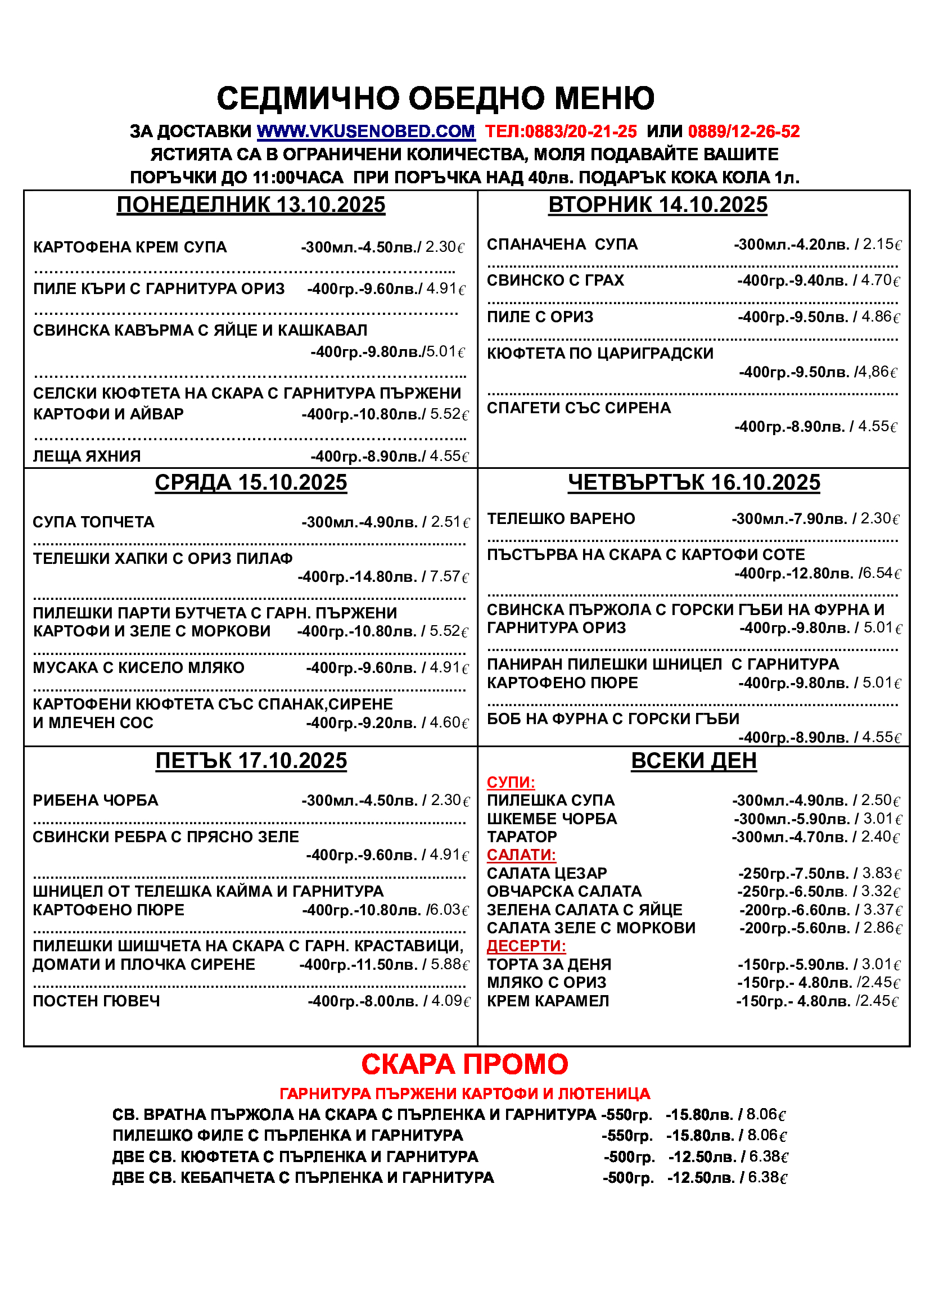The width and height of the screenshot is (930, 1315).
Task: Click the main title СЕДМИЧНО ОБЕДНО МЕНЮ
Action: pyautogui.click(x=435, y=98)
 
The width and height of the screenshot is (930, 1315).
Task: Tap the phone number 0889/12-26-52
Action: pyautogui.click(x=743, y=132)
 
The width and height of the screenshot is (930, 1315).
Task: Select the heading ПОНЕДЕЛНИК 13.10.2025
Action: pyautogui.click(x=251, y=205)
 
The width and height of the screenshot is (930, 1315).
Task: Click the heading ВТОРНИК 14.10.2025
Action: pyautogui.click(x=657, y=205)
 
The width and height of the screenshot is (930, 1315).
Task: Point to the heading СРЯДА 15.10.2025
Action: pyautogui.click(x=251, y=483)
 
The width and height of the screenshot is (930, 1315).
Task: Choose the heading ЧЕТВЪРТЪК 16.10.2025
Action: pyautogui.click(x=693, y=483)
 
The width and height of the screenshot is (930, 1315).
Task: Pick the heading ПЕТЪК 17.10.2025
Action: pyautogui.click(x=251, y=761)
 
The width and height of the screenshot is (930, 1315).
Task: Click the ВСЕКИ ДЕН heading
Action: pyautogui.click(x=693, y=761)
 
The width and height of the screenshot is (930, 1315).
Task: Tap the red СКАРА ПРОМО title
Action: pyautogui.click(x=464, y=1064)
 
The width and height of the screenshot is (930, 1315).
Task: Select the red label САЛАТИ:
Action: pyautogui.click(x=521, y=855)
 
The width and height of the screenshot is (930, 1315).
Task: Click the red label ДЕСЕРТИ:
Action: pyautogui.click(x=526, y=946)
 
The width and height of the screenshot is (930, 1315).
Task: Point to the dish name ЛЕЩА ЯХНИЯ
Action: pyautogui.click(x=87, y=456)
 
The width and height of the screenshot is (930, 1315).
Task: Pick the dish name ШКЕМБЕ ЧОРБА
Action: pyautogui.click(x=552, y=819)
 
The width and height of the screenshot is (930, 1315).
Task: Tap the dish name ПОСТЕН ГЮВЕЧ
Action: pyautogui.click(x=96, y=1001)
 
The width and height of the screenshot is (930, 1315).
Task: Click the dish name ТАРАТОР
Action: pyautogui.click(x=522, y=837)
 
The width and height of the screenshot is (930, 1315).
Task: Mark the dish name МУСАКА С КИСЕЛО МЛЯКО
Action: pyautogui.click(x=138, y=668)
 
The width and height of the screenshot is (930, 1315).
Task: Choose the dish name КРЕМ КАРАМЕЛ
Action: pyautogui.click(x=548, y=1001)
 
